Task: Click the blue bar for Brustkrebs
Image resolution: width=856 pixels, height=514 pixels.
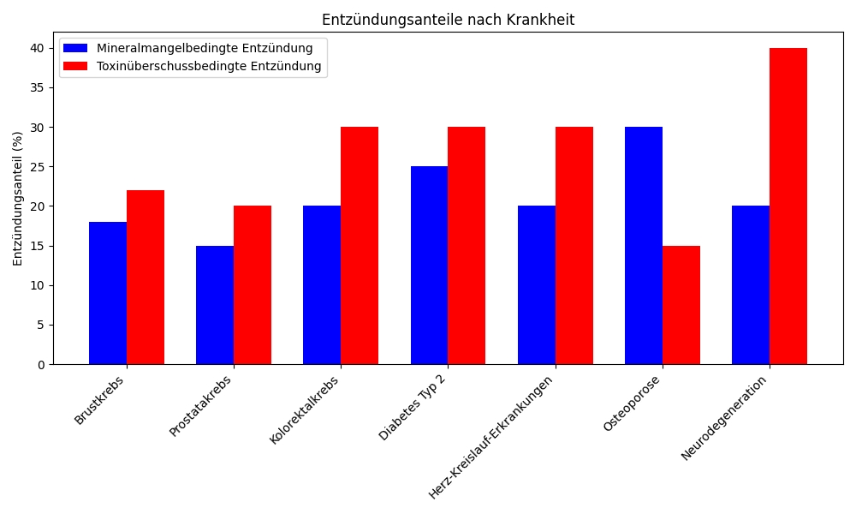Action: click(108, 293)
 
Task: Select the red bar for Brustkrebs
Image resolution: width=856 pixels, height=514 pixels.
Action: click(146, 278)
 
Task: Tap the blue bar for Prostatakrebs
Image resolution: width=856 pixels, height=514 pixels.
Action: click(215, 305)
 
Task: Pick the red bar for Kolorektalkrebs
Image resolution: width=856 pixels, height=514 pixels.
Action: click(360, 246)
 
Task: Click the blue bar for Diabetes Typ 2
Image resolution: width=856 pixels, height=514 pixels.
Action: click(429, 266)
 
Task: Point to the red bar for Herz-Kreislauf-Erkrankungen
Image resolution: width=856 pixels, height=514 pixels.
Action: click(574, 246)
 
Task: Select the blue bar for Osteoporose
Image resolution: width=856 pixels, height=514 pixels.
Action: click(644, 246)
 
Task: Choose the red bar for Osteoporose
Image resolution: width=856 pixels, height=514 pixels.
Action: click(681, 305)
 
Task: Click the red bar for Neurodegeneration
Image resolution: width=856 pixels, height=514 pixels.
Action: click(788, 206)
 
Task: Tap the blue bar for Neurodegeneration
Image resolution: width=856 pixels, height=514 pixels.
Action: click(751, 285)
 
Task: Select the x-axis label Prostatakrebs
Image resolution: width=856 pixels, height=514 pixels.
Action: click(201, 406)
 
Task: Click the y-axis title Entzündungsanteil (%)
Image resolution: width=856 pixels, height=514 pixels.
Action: click(18, 199)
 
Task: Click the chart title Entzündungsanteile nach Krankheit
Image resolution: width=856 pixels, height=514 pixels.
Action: click(448, 20)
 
